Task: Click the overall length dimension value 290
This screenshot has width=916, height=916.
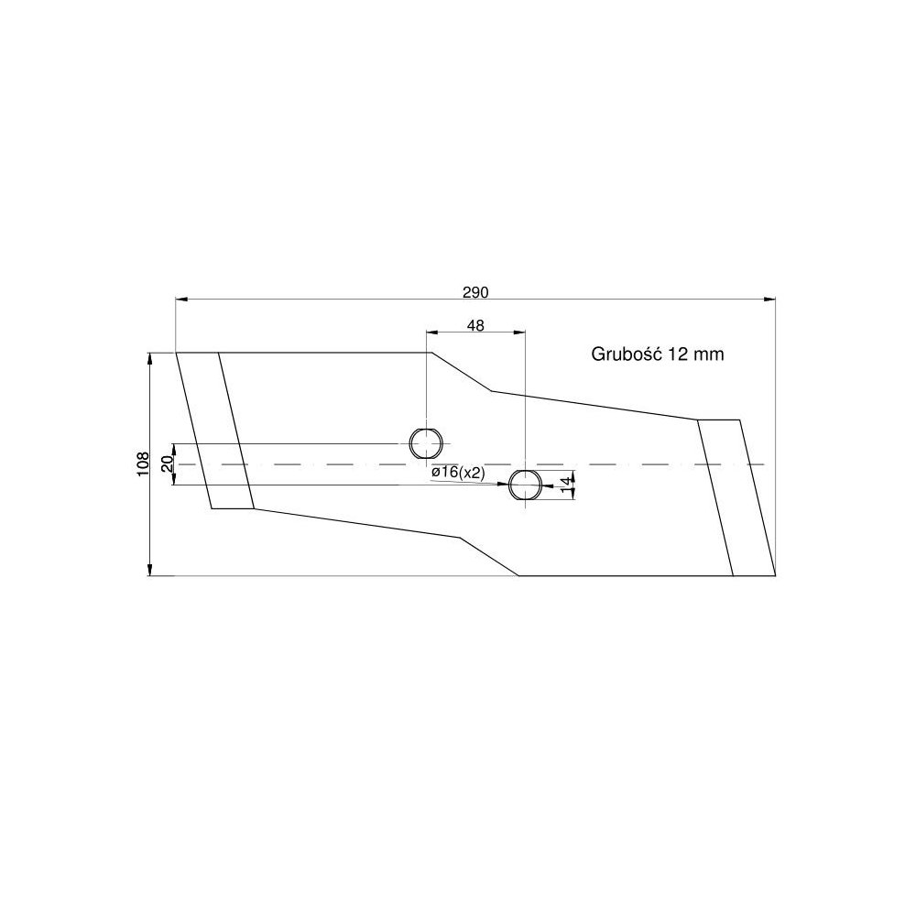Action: [475, 292]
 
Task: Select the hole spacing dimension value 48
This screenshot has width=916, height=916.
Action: [475, 325]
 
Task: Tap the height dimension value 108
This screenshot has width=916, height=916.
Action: [142, 464]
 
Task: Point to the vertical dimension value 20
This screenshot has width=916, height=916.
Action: [167, 464]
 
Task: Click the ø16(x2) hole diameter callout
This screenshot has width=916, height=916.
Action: [457, 472]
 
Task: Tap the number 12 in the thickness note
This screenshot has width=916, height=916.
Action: [679, 354]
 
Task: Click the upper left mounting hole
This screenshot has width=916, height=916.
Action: [425, 443]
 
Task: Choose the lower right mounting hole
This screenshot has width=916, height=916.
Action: [525, 485]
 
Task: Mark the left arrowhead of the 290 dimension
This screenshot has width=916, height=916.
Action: [180, 299]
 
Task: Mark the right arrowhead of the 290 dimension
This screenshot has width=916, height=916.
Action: [769, 299]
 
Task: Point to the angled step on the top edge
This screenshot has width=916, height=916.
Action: [463, 372]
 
